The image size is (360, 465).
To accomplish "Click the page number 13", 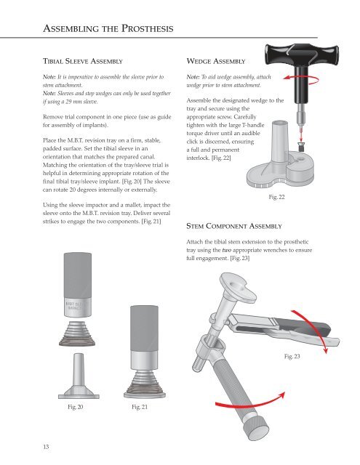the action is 46,447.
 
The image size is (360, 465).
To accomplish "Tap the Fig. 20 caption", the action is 76,407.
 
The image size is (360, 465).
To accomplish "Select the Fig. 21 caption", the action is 140,407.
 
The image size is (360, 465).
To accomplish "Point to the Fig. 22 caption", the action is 276,197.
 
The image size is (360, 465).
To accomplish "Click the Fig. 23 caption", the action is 292,356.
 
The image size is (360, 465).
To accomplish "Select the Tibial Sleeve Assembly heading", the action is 83,61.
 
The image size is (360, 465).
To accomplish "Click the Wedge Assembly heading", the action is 216,61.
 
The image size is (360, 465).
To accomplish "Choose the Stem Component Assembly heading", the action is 234,226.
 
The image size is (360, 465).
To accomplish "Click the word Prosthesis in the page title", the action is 147,28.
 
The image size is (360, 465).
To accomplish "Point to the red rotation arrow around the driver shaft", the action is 301,78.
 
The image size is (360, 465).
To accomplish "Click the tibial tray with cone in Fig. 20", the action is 79,376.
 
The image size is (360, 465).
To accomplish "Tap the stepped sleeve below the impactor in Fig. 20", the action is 77,334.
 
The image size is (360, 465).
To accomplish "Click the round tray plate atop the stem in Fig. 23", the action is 237,287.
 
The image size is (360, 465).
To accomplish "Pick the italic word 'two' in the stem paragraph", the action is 226,250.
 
